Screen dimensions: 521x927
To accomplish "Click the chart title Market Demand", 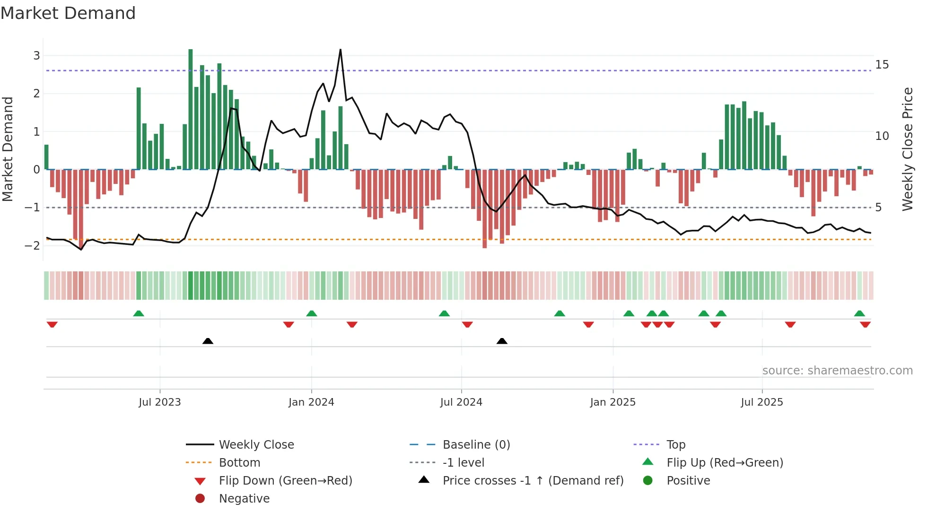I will click(68, 13).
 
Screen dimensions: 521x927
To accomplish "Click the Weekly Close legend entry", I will click(256, 444).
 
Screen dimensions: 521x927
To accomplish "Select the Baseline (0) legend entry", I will click(476, 444).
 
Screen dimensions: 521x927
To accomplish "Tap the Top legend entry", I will click(675, 444).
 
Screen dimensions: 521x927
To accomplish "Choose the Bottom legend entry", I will click(239, 462).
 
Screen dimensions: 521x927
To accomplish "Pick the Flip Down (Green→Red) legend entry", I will click(285, 480).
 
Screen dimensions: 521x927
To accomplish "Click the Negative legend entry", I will click(244, 498).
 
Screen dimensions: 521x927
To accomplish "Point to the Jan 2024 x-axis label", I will click(311, 402).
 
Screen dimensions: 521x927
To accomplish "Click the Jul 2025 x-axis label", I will click(761, 402).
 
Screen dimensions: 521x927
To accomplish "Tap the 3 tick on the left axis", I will click(36, 56).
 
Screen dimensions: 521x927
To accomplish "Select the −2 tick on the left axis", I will click(33, 245).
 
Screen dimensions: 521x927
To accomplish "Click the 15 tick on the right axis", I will click(882, 65).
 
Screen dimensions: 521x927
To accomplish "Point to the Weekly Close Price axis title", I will click(907, 149).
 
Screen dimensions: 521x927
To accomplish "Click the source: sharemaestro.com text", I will click(837, 370).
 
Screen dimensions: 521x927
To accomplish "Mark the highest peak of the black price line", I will click(340, 50).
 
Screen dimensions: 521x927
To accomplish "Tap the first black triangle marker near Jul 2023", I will click(208, 341).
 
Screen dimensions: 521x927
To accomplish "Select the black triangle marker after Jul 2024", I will click(502, 341).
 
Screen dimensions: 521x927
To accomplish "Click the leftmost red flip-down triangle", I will click(52, 324).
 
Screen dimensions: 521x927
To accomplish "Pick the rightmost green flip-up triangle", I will click(859, 313).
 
